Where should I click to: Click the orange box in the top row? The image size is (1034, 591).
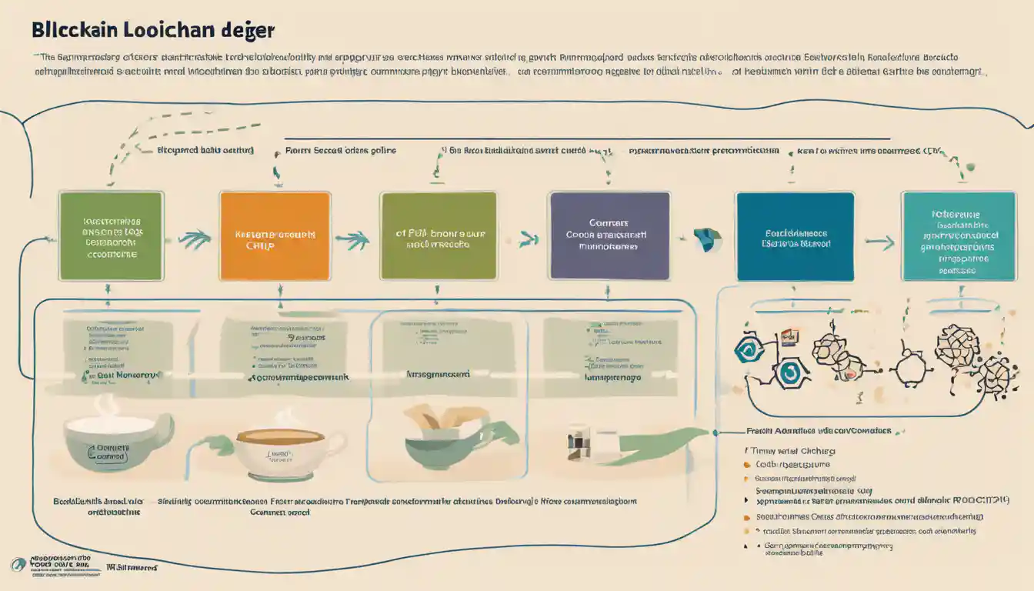click(x=275, y=236)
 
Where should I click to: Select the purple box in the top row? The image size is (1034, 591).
click(x=608, y=235)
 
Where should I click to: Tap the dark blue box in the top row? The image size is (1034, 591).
click(x=795, y=236)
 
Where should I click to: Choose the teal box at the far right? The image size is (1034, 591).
click(x=958, y=236)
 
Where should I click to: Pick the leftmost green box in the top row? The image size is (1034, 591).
click(x=111, y=235)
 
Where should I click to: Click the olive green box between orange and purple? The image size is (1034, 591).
click(x=438, y=235)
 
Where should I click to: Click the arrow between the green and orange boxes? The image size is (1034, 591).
click(x=194, y=239)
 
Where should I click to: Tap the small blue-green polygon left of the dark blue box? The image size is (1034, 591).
click(x=705, y=239)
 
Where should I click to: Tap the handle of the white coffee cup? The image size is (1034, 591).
click(x=337, y=446)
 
